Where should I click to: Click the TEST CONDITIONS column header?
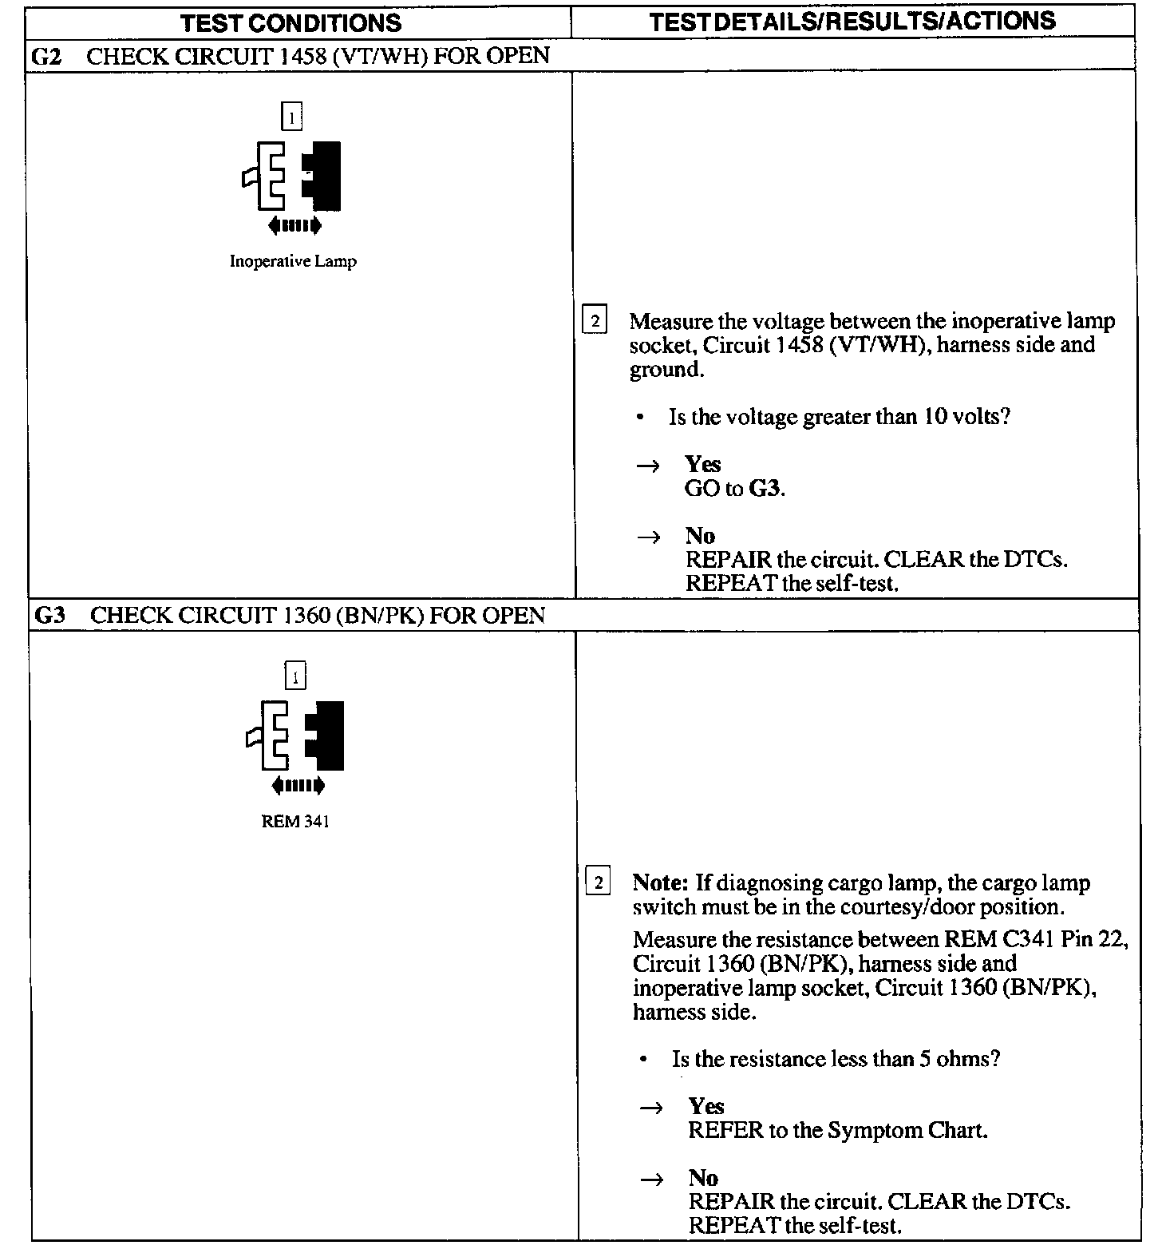(291, 22)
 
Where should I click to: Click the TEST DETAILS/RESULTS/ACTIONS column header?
(852, 21)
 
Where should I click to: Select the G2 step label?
(45, 56)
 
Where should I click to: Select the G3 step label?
(49, 616)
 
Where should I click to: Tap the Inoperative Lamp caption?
(293, 261)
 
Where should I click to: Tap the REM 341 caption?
(295, 822)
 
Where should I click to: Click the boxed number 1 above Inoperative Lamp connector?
(292, 117)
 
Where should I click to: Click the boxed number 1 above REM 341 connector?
(295, 677)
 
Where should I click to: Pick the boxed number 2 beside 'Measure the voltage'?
(595, 321)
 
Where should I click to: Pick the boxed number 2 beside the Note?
(598, 882)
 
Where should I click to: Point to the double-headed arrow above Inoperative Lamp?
(295, 226)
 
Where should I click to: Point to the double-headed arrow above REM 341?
(298, 787)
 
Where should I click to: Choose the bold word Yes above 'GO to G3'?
(702, 465)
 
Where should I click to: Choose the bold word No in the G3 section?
(703, 1178)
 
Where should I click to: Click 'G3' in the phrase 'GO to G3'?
(765, 489)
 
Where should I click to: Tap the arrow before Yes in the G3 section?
(651, 1108)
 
